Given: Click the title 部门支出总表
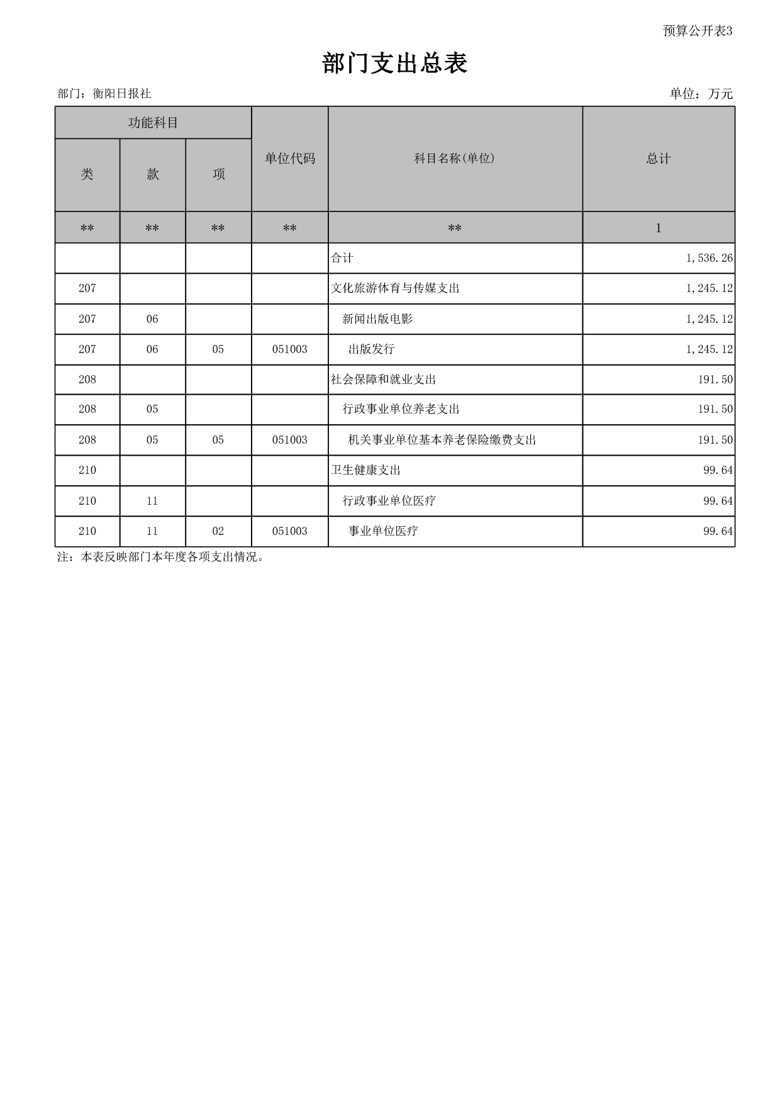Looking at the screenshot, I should (x=394, y=64).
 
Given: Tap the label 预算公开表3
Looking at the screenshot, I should (x=698, y=31).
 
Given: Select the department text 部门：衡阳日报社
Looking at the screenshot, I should (x=104, y=94).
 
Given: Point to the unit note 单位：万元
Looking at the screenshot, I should (x=701, y=94).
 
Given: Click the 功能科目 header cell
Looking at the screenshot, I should (x=153, y=123).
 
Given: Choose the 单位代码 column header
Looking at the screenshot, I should (x=290, y=159).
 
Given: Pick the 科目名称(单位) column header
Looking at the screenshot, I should (x=455, y=159).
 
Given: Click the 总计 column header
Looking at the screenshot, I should (x=659, y=159).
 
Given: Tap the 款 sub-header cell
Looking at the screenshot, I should (x=153, y=174).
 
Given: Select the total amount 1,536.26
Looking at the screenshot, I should (x=709, y=258).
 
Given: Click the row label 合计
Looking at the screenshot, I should (x=342, y=258).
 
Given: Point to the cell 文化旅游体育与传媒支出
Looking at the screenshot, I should (x=395, y=288).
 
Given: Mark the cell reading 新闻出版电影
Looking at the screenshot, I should (x=377, y=319).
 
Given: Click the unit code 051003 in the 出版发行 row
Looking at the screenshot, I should (x=290, y=349).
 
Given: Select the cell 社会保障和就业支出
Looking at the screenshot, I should (x=383, y=380).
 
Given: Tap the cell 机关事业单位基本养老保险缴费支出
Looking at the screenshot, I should (x=442, y=440).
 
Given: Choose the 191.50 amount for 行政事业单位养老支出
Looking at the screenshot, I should (x=715, y=409).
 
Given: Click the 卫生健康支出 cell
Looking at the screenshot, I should (x=365, y=470).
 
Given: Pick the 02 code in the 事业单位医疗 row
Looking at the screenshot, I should (x=218, y=531).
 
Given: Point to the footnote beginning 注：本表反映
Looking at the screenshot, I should (x=161, y=557).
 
